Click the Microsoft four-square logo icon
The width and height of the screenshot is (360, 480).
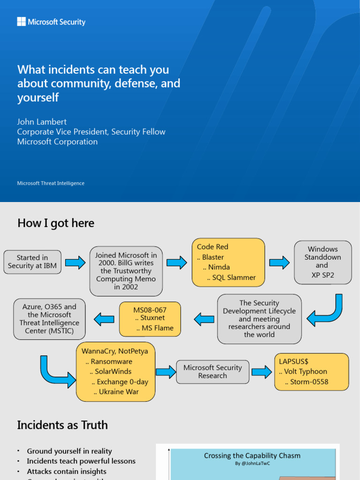pyautogui.click(x=22, y=22)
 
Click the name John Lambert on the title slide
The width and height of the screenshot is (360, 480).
pyautogui.click(x=42, y=122)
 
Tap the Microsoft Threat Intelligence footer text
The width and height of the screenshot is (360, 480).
pyautogui.click(x=51, y=183)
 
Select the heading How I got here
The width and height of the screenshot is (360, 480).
pyautogui.click(x=56, y=223)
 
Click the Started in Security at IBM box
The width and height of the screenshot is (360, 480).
pyautogui.click(x=32, y=262)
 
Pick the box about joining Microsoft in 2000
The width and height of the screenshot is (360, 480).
pyautogui.click(x=126, y=271)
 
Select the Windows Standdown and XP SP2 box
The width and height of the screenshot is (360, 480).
pyautogui.click(x=322, y=262)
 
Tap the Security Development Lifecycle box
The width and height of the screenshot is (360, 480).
pyautogui.click(x=259, y=319)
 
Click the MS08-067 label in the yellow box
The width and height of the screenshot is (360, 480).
pyautogui.click(x=150, y=310)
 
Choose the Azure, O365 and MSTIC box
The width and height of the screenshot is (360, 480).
pyautogui.click(x=49, y=319)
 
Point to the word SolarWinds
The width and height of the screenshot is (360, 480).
pyautogui.click(x=113, y=372)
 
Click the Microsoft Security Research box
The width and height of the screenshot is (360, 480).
pyautogui.click(x=212, y=372)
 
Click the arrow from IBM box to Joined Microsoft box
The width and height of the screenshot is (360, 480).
pyautogui.click(x=75, y=262)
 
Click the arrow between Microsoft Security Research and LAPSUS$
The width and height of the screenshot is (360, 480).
pyautogui.click(x=262, y=372)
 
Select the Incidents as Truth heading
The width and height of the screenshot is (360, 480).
pyautogui.click(x=62, y=425)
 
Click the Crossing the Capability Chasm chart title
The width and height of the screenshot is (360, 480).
pyautogui.click(x=252, y=456)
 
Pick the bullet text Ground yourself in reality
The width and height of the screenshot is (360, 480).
pyautogui.click(x=69, y=451)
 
